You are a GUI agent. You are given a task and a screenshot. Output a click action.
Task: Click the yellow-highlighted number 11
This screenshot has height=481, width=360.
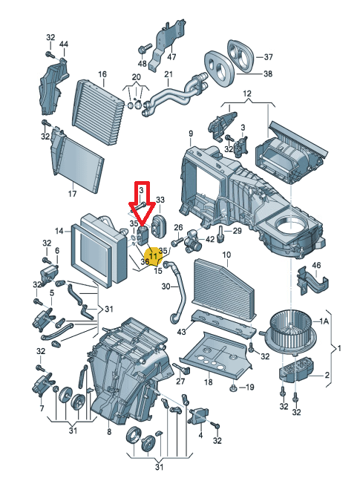pyautogui.click(x=153, y=255)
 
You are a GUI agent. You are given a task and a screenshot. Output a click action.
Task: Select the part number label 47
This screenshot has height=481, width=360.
pyautogui.click(x=171, y=56)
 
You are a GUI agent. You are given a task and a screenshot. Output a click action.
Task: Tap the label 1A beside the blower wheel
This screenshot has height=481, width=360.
pyautogui.click(x=324, y=321)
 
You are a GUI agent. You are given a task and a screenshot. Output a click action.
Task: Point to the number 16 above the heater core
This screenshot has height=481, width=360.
pyautogui.click(x=102, y=74)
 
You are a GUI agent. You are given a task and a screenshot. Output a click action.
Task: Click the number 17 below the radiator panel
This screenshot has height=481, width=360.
pyautogui.click(x=72, y=194)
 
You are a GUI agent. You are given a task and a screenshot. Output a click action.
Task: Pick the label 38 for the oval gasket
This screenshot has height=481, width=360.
pyautogui.click(x=268, y=73)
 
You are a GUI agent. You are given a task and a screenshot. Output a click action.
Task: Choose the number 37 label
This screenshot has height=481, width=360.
pyautogui.click(x=268, y=56)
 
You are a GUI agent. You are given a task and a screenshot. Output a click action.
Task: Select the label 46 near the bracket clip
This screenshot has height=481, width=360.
pyautogui.click(x=316, y=265)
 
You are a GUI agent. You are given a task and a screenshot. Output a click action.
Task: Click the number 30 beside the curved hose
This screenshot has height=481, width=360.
pyautogui.click(x=166, y=287)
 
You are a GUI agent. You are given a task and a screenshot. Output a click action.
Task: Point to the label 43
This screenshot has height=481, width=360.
pyautogui.click(x=182, y=332)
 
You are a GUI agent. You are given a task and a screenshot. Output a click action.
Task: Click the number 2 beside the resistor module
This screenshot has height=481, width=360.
pyautogui.click(x=327, y=375)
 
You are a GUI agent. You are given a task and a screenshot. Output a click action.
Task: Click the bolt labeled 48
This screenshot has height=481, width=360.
pyautogui.click(x=143, y=49)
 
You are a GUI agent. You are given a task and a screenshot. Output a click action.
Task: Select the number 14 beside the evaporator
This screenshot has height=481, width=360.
pyautogui.click(x=59, y=231)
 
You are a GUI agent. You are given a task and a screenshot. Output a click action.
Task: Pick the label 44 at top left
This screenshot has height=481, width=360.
pyautogui.click(x=64, y=45)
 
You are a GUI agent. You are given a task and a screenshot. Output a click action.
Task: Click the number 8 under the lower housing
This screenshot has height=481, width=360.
pyautogui.click(x=109, y=432)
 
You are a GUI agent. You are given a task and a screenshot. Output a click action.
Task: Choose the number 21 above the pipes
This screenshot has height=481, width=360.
pyautogui.click(x=168, y=74)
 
